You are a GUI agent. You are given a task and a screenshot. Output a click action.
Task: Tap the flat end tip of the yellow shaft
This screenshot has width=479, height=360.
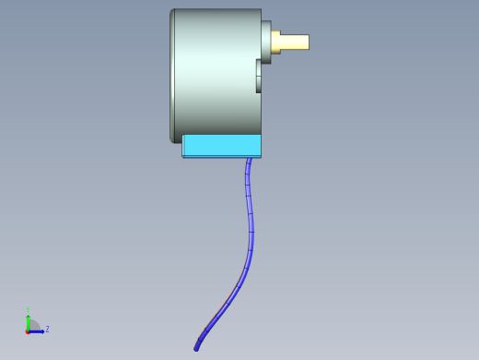click(308, 42)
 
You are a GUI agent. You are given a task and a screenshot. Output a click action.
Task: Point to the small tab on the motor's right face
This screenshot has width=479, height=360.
click(259, 77)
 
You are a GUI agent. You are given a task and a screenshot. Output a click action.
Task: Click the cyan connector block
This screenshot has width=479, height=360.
click(221, 145)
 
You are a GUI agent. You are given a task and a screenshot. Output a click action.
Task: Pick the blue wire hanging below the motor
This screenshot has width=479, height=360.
click(251, 231)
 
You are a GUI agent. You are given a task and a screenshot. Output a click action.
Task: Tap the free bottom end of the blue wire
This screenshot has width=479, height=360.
click(196, 348)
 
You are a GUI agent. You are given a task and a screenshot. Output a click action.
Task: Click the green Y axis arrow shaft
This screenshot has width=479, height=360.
click(29, 322)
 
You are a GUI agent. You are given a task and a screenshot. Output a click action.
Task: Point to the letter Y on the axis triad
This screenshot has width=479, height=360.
click(29, 310)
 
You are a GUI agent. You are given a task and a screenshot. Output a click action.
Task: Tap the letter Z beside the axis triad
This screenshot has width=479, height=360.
click(47, 329)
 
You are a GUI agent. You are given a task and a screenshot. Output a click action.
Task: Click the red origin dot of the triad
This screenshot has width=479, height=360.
click(28, 330)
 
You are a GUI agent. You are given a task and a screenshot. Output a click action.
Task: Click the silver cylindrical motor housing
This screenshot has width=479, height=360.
click(216, 74)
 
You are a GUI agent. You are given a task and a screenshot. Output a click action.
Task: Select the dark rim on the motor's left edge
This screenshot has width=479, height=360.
click(172, 74)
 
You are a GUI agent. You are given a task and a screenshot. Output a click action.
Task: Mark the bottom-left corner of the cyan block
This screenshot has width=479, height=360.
click(183, 156)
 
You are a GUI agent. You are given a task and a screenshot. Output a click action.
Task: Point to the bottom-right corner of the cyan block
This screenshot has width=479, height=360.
click(261, 156)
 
